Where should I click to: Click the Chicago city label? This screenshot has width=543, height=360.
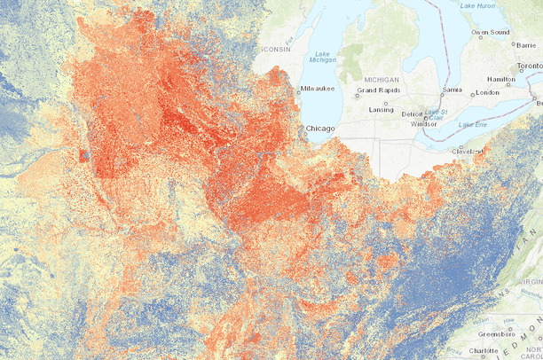[321, 129]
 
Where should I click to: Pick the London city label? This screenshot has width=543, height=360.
[488, 92]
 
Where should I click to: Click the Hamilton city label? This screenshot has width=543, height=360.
[500, 79]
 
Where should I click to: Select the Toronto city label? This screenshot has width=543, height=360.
[529, 67]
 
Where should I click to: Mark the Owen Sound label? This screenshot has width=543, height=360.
[490, 33]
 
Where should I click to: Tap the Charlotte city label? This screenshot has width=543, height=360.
[482, 351]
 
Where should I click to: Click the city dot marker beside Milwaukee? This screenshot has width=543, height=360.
[297, 89]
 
